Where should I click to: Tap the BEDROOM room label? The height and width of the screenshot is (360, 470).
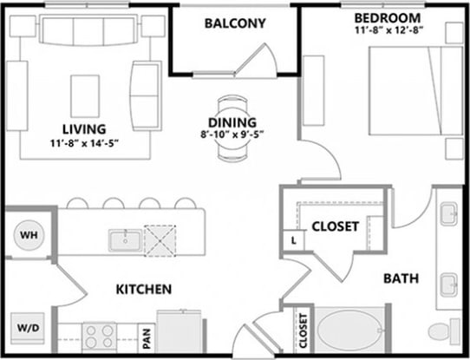(388, 17)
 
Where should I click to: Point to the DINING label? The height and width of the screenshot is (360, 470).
(232, 122)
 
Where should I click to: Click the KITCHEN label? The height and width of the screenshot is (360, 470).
(143, 289)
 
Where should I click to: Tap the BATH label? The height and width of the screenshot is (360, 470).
(401, 278)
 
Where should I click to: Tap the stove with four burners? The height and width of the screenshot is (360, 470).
(99, 335)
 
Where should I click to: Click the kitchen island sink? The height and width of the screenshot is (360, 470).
(125, 239)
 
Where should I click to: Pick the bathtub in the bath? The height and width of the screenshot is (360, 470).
(348, 331)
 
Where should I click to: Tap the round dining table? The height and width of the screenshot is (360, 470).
(232, 129)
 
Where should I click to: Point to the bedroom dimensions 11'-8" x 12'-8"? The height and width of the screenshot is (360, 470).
(388, 31)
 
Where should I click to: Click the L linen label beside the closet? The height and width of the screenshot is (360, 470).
(295, 239)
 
